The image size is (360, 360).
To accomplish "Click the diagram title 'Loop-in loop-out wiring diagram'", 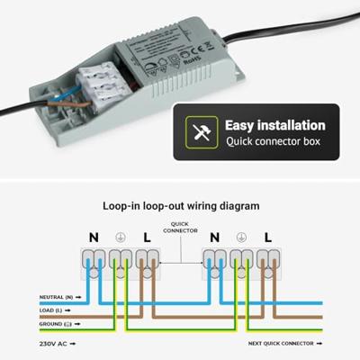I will (181, 205).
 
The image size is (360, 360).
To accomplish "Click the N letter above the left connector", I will (93, 238).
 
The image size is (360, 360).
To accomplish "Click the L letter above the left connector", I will (145, 238).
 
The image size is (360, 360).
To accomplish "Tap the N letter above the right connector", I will (214, 238).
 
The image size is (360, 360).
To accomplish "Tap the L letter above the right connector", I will (267, 238).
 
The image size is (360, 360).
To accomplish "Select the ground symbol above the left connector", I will (119, 238).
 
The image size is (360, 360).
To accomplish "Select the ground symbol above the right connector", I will (241, 238).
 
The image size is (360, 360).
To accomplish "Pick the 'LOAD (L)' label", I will (52, 310).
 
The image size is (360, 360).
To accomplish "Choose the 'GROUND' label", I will (52, 324).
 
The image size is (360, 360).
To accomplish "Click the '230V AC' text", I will (54, 343).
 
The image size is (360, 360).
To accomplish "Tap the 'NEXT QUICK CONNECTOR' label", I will (283, 343).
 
